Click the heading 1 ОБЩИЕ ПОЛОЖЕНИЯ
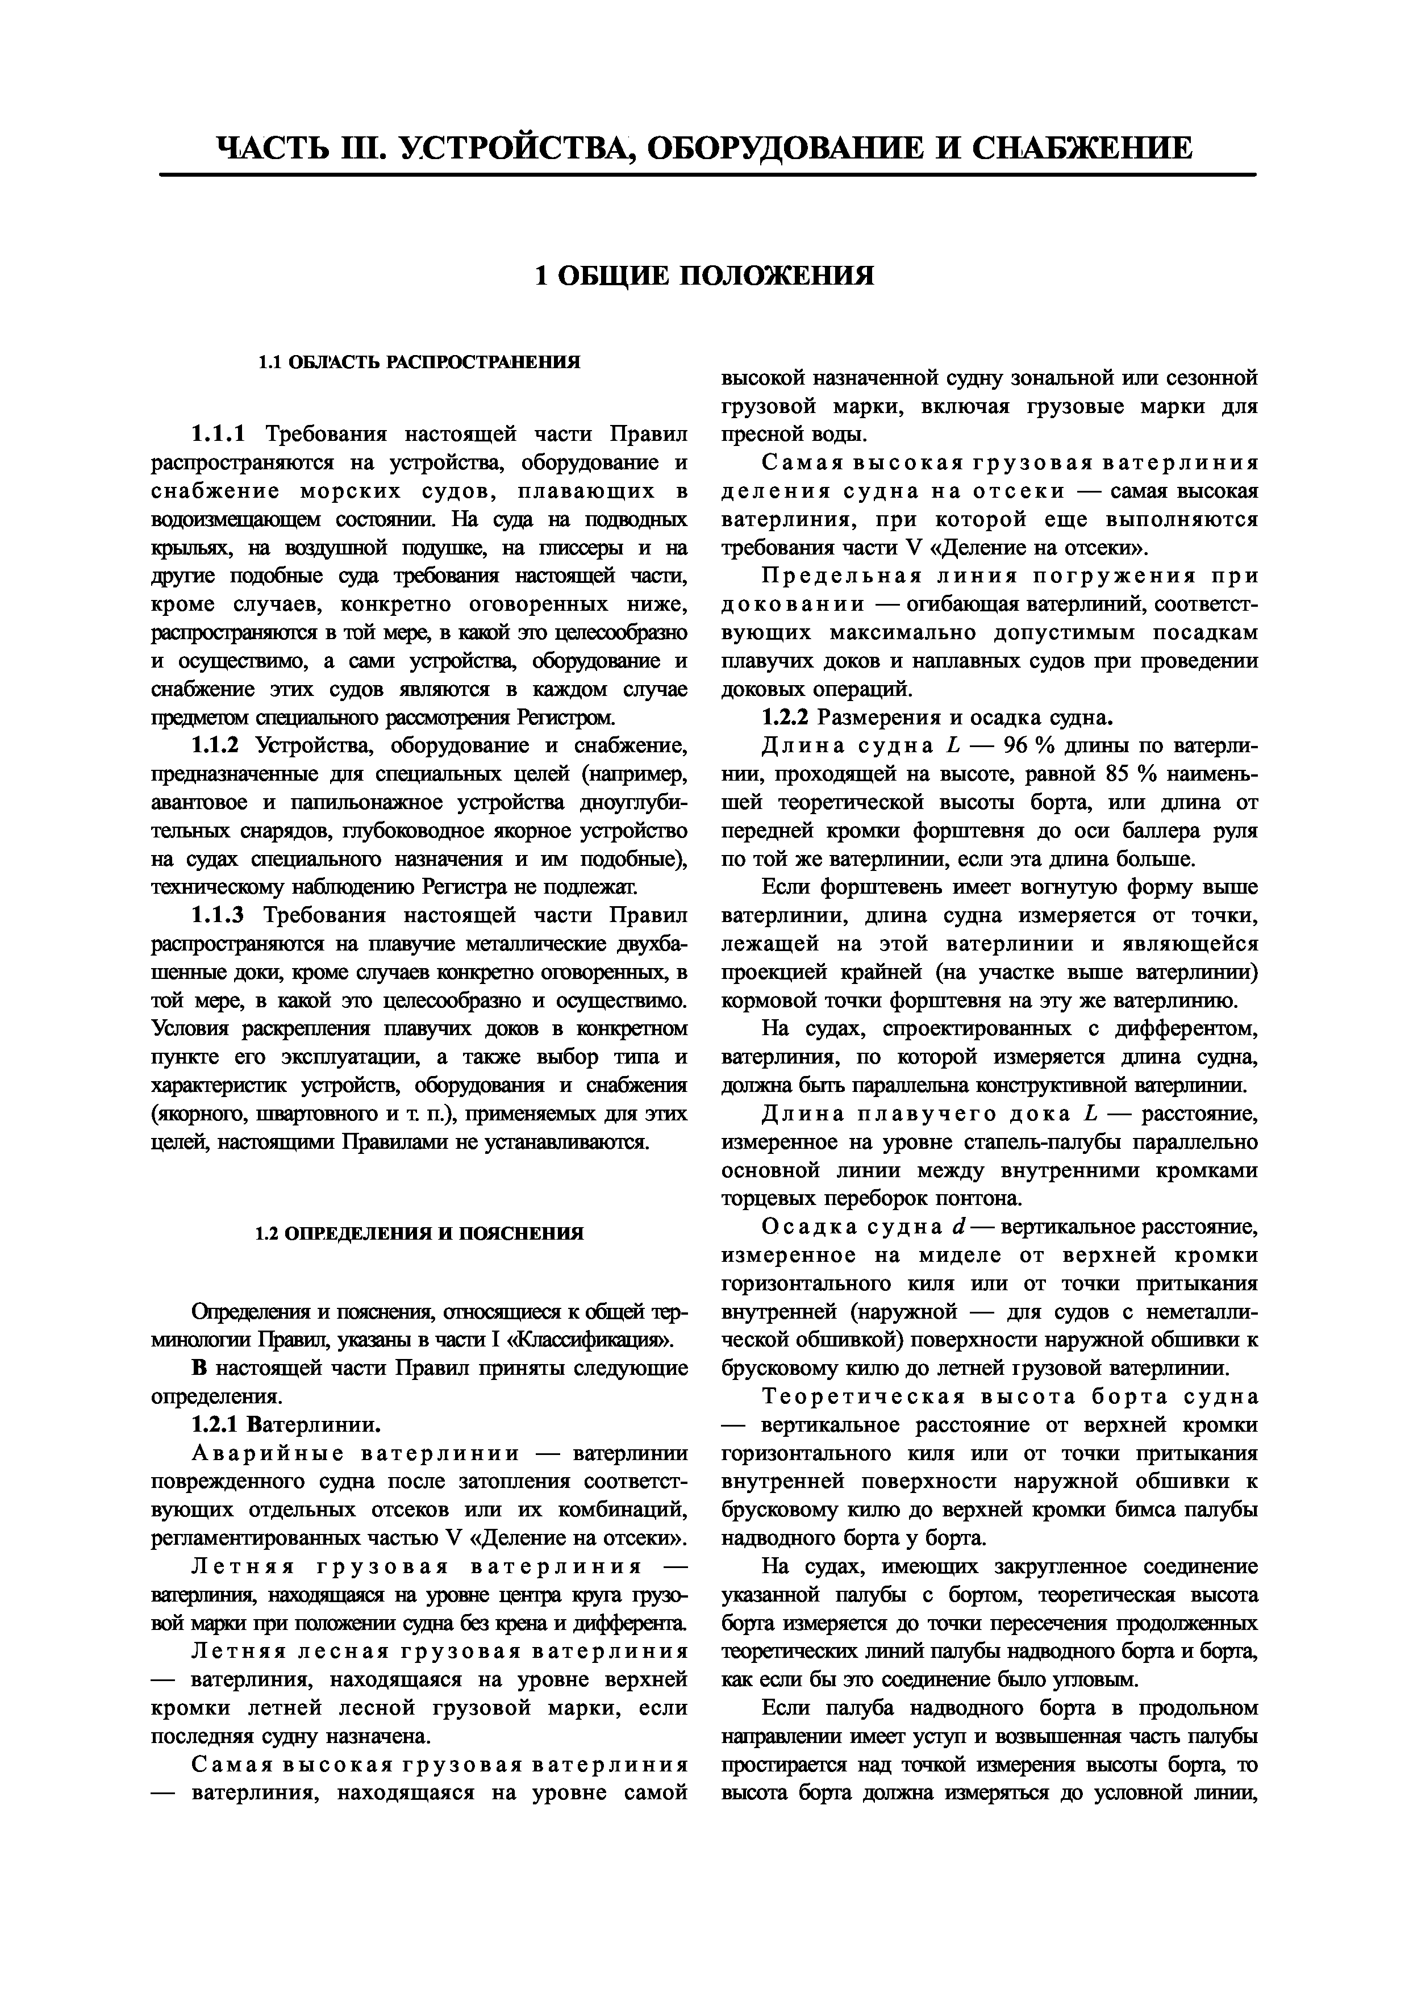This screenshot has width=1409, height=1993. pos(704,276)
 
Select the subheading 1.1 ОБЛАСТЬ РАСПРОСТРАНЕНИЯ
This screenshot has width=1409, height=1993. pos(419,362)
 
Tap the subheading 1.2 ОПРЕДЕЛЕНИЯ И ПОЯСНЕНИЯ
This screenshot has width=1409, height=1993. pos(419,1233)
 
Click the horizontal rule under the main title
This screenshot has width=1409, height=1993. pos(707,176)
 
